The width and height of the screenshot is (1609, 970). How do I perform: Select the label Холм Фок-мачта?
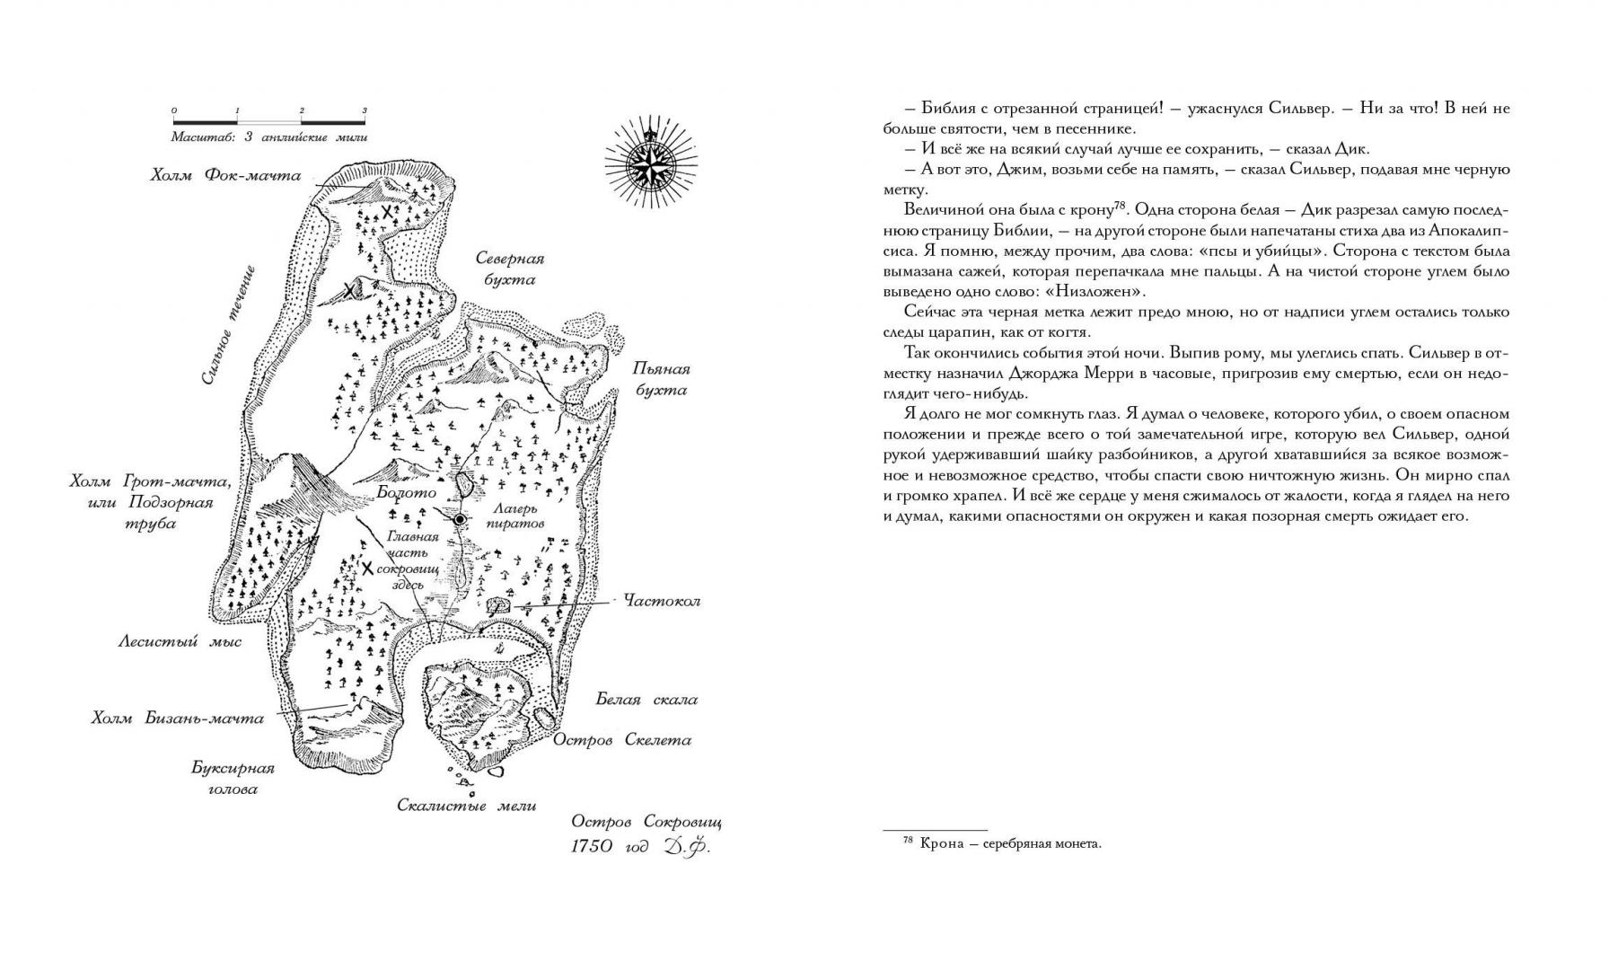(x=225, y=175)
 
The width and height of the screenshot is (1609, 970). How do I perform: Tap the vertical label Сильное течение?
(x=227, y=325)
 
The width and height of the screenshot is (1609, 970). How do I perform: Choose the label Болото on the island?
(x=407, y=492)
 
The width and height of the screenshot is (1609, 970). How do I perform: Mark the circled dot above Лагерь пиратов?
(x=460, y=519)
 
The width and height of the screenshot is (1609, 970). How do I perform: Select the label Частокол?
(x=662, y=600)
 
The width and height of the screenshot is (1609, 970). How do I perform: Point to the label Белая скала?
(x=646, y=700)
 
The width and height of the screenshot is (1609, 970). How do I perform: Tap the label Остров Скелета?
(x=621, y=740)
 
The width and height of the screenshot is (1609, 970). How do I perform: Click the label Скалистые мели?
(x=467, y=806)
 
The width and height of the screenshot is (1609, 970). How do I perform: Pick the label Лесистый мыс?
(x=180, y=641)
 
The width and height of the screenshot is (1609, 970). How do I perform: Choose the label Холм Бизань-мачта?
(x=178, y=718)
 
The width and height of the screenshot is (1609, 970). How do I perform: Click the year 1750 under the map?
(x=594, y=846)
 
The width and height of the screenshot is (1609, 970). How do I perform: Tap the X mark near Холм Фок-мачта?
(x=387, y=212)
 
